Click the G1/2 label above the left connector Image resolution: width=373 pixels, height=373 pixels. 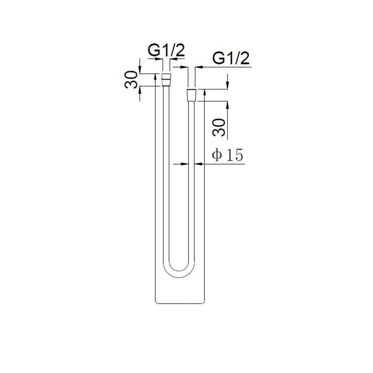(166, 50)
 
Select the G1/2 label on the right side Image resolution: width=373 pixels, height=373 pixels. (231, 58)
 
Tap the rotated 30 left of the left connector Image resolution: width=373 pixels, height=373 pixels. (131, 80)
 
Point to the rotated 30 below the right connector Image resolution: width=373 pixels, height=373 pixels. (219, 128)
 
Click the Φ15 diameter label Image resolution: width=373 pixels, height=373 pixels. (228, 155)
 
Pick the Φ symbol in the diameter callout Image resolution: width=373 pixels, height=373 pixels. (217, 155)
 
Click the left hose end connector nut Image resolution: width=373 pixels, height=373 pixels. (166, 80)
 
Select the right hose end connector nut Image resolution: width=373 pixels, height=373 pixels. (192, 95)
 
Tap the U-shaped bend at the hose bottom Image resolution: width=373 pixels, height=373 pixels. (179, 271)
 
